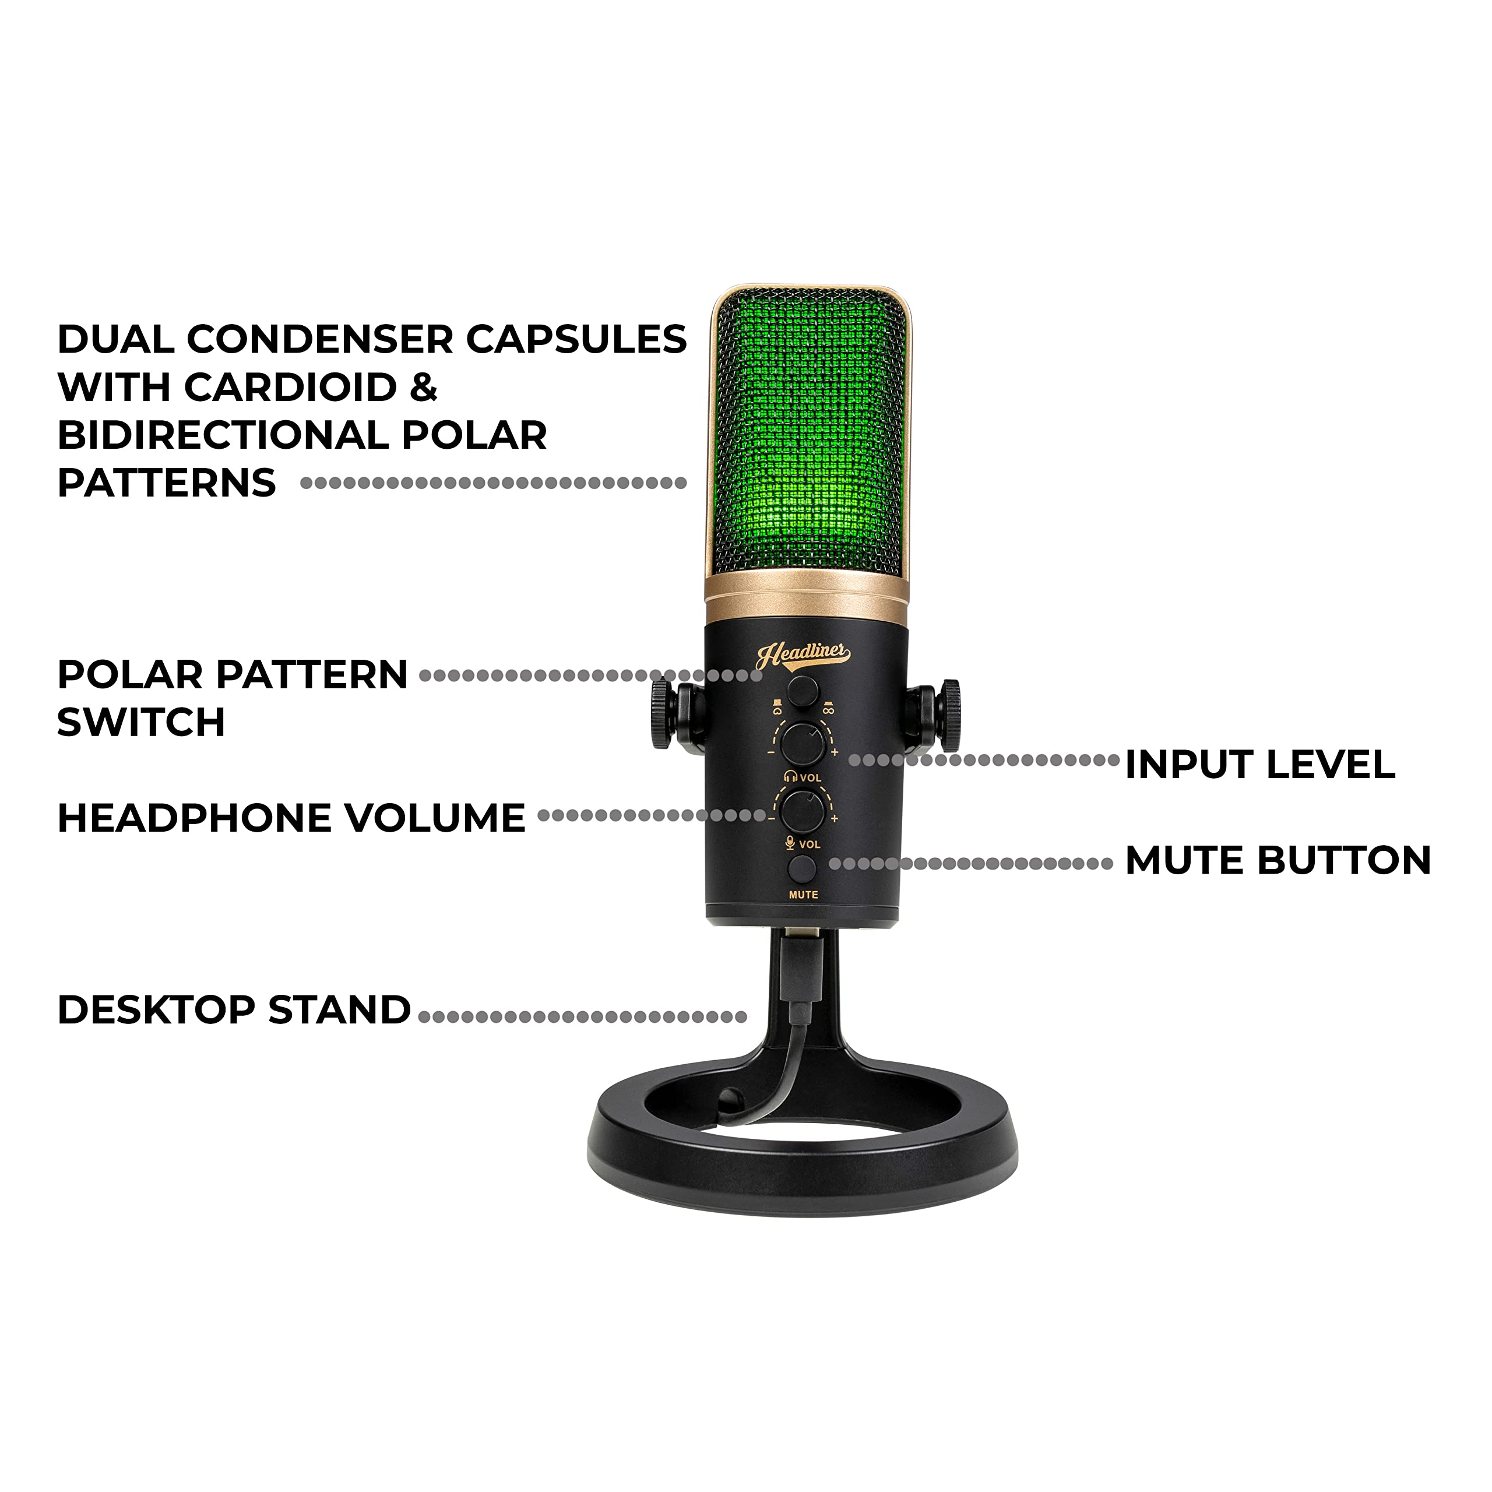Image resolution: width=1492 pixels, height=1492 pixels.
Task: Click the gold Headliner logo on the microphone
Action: tap(803, 655)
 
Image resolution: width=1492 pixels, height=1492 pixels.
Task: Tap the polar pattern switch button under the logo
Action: tap(803, 689)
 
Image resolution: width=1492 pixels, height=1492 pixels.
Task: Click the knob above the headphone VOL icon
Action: tap(803, 744)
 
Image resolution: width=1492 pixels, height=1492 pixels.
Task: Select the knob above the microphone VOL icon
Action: tap(803, 810)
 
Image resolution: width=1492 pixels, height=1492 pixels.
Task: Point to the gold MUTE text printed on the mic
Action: tap(803, 894)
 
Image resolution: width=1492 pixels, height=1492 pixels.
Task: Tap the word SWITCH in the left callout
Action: tap(141, 722)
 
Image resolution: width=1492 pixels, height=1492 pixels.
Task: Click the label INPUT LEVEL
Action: tap(1259, 765)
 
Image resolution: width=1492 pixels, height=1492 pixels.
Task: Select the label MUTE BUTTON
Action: tap(1278, 860)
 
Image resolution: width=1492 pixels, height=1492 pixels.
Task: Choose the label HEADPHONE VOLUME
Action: tap(291, 818)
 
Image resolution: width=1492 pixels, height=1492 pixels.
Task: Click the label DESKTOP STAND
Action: tap(234, 1009)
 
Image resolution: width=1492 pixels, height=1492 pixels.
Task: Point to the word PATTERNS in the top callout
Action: tap(167, 483)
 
